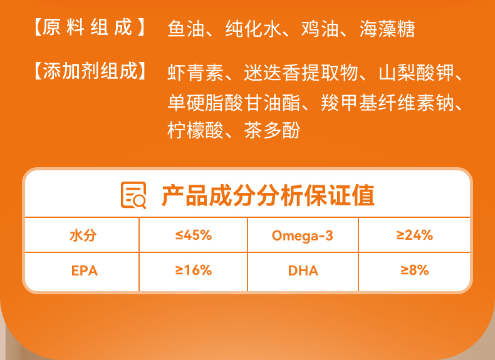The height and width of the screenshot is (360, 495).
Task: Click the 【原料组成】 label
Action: (x=90, y=28)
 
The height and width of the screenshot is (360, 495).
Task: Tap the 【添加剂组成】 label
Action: (x=90, y=71)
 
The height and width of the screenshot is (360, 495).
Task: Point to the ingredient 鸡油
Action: (x=320, y=29)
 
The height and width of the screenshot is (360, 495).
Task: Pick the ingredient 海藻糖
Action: (x=387, y=29)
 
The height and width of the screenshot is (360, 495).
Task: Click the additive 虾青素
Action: (x=195, y=73)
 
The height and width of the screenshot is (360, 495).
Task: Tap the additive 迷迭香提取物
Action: (x=301, y=73)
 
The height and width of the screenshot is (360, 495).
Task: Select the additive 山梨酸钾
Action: (x=416, y=73)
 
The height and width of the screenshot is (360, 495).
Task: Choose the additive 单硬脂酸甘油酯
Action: (x=234, y=103)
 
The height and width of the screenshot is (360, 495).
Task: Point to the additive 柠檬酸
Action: (x=195, y=130)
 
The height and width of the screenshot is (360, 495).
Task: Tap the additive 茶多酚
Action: (x=272, y=130)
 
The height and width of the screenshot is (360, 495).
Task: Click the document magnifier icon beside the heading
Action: (x=133, y=195)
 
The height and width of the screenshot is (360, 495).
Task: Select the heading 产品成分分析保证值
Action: (x=268, y=195)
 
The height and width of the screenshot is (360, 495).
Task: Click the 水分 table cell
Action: (x=83, y=235)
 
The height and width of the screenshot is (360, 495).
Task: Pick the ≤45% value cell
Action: (x=193, y=235)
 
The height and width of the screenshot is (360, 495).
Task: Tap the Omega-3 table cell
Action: (x=303, y=235)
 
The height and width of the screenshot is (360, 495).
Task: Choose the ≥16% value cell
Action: (x=193, y=270)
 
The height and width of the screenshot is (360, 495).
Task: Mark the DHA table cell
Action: (x=303, y=270)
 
